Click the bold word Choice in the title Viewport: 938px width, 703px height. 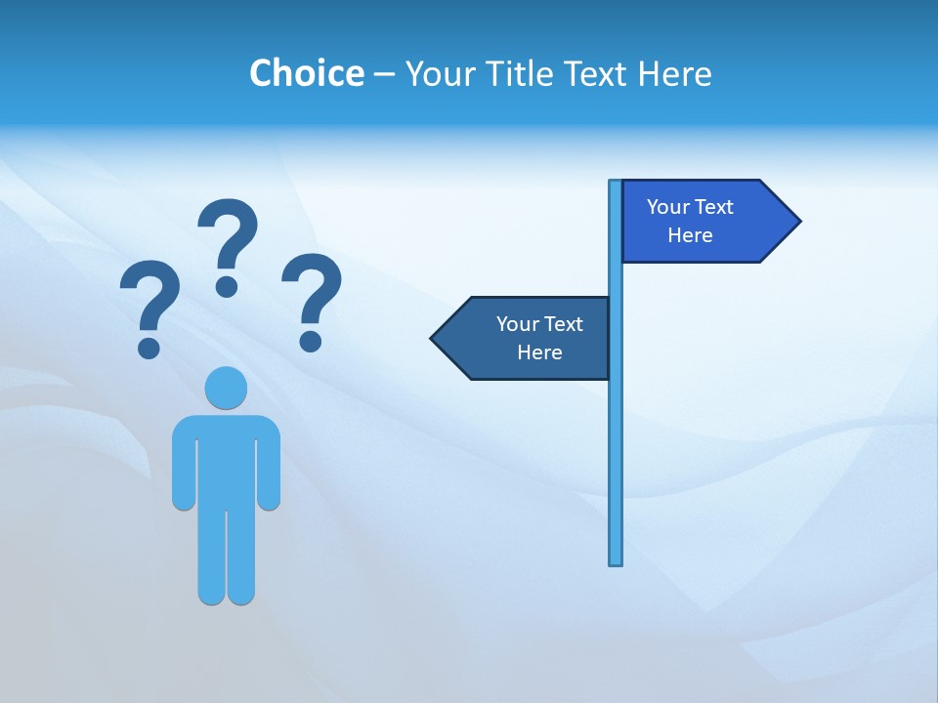[x=306, y=73]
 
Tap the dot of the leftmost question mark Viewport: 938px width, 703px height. [x=149, y=347]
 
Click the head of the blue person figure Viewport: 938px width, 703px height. [x=226, y=388]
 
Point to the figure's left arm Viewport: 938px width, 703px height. [x=184, y=469]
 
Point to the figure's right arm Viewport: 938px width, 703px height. [x=269, y=469]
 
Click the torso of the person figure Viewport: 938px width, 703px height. [x=226, y=459]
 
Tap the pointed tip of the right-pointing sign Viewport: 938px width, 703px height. [x=797, y=221]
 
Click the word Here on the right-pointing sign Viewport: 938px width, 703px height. [x=690, y=235]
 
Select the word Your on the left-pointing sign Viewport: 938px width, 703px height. [x=515, y=324]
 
